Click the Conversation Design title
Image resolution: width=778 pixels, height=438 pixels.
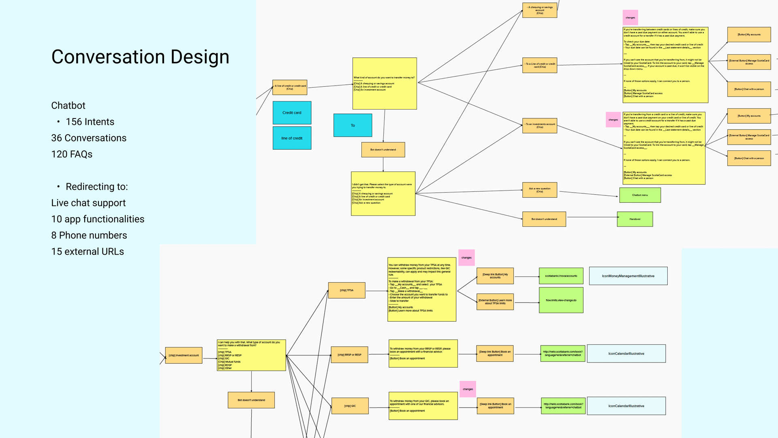(x=140, y=57)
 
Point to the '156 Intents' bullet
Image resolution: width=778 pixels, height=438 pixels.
(x=90, y=122)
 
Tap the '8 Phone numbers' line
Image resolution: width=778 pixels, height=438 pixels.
(x=89, y=235)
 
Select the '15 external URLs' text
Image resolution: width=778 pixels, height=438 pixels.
(x=88, y=251)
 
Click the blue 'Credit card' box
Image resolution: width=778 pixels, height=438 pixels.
(x=292, y=113)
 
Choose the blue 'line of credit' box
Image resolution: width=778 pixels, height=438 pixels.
(x=292, y=138)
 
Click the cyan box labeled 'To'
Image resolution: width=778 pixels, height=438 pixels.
(x=353, y=125)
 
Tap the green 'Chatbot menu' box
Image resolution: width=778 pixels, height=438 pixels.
(x=640, y=195)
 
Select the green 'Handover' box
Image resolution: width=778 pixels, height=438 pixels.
(x=635, y=219)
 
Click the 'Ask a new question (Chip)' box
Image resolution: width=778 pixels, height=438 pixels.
(x=539, y=190)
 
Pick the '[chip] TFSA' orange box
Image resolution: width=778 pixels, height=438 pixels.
(x=346, y=290)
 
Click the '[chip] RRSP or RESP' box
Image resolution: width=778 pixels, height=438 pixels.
(x=349, y=355)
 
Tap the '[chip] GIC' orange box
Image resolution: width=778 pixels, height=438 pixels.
(x=350, y=406)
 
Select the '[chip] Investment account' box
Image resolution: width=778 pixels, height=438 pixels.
(x=184, y=355)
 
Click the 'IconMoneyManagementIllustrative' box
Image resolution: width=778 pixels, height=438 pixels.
(x=628, y=276)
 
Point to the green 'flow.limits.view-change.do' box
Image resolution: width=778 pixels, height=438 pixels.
(x=561, y=300)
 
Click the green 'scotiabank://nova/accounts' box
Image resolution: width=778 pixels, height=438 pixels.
(x=561, y=276)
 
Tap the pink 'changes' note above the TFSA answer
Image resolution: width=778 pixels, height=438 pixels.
(x=466, y=258)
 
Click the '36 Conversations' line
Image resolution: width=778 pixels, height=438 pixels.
(x=89, y=138)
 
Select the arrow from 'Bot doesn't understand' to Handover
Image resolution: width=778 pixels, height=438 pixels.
(x=592, y=217)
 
